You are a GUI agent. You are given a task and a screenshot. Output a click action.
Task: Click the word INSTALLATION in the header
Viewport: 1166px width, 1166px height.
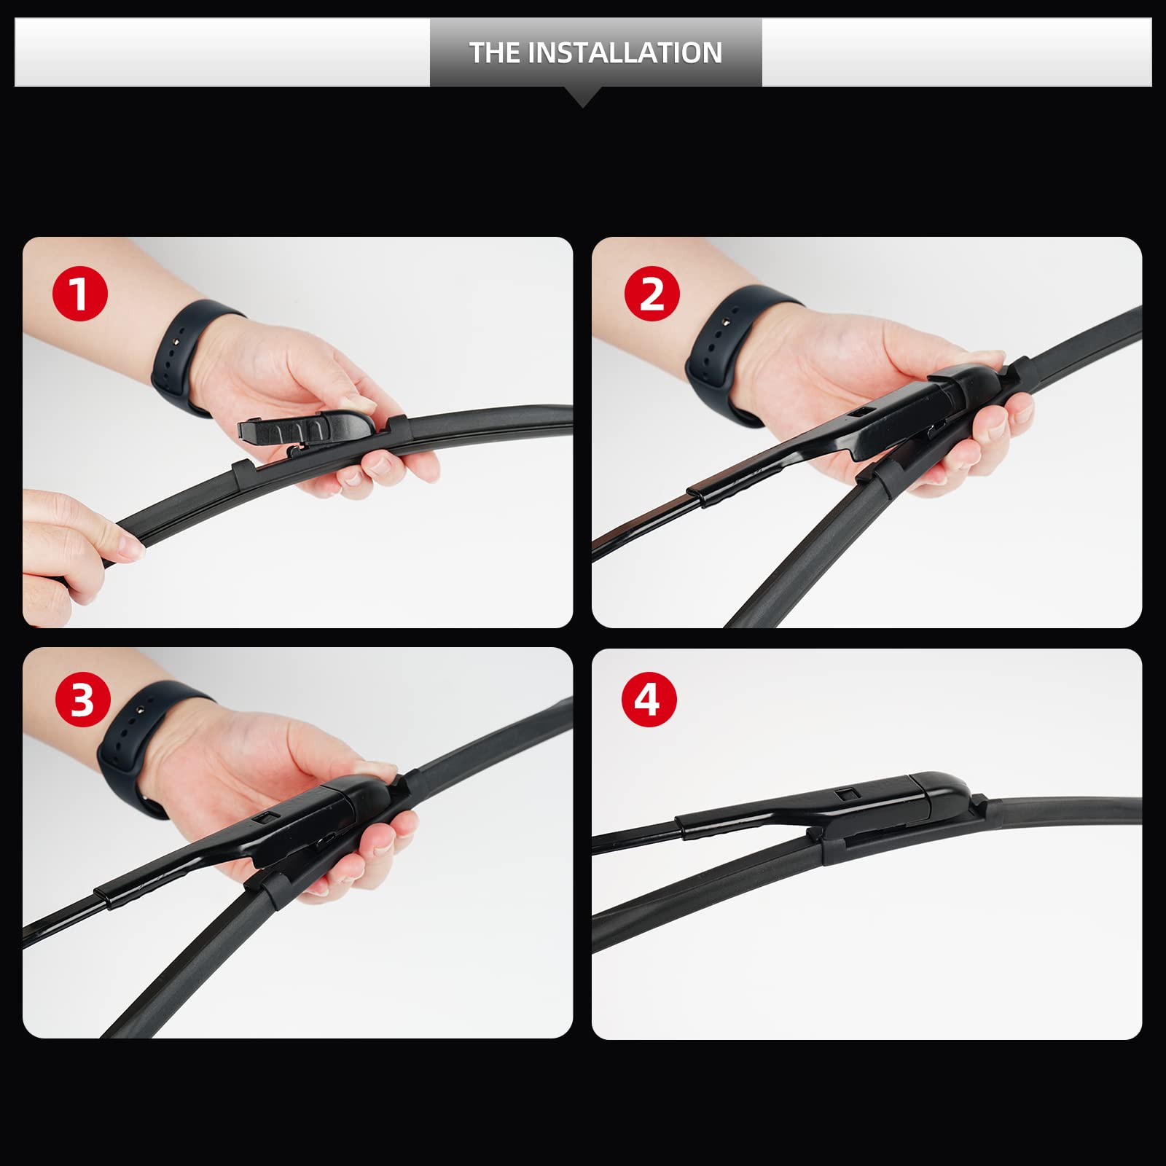(625, 52)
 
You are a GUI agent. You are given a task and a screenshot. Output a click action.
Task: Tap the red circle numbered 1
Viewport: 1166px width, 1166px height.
(79, 294)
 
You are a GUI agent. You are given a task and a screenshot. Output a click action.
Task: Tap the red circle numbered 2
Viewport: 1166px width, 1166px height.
(652, 294)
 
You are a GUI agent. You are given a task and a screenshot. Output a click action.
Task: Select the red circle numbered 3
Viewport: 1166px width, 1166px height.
(82, 700)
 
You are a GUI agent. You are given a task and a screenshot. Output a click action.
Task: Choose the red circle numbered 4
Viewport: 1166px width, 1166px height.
(649, 700)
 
